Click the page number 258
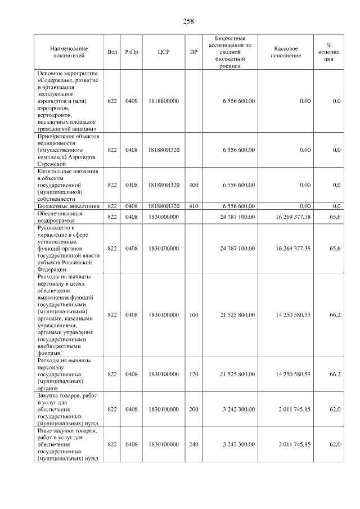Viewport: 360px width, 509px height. point(188,21)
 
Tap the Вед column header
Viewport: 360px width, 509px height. point(112,52)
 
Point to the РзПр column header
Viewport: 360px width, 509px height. point(132,52)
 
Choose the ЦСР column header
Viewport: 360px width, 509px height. point(164,52)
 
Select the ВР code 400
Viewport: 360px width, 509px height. point(194,184)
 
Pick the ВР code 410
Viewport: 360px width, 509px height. point(194,206)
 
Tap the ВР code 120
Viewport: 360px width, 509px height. point(194,374)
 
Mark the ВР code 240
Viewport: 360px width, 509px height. point(194,444)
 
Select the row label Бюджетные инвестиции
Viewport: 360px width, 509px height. point(68,206)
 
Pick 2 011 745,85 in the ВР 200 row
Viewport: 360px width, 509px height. point(294,409)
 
